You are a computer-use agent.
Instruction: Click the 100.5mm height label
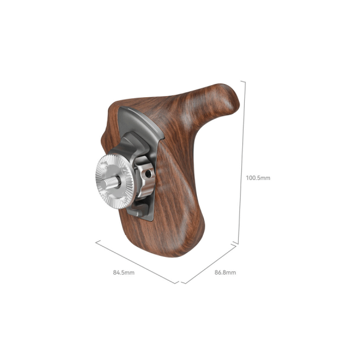tap(259, 178)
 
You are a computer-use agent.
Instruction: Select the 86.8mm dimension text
tap(225, 272)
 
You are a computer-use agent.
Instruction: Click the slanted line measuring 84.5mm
tap(136, 262)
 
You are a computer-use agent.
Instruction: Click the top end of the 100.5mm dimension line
tap(241, 80)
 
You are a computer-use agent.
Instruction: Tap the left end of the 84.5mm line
tap(96, 241)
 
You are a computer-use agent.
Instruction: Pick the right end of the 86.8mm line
tap(234, 245)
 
